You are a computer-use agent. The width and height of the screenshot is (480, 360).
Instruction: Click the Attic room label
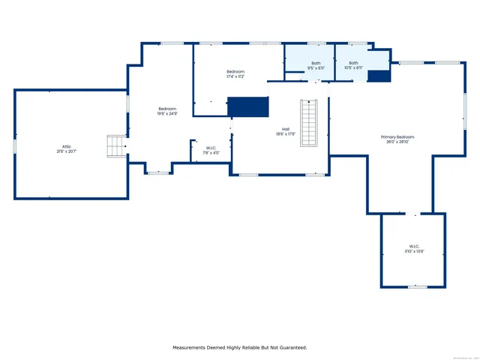click(x=67, y=146)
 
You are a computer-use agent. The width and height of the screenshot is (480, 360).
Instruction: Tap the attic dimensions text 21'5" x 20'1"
click(x=67, y=151)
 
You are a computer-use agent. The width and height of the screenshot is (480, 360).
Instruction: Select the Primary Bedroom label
click(x=397, y=137)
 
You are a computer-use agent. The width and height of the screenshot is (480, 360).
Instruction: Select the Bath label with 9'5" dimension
click(x=316, y=63)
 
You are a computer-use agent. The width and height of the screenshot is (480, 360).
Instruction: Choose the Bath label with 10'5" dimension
click(x=352, y=63)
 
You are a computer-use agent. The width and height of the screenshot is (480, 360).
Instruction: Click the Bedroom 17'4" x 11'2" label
click(x=235, y=71)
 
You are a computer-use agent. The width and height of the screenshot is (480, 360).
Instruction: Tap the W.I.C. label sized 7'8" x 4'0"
click(x=211, y=148)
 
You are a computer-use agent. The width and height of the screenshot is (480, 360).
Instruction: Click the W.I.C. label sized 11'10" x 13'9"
click(x=414, y=247)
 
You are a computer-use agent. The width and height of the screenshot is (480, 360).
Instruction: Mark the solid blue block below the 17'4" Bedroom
click(x=247, y=106)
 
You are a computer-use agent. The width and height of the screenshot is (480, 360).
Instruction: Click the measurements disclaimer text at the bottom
click(x=240, y=347)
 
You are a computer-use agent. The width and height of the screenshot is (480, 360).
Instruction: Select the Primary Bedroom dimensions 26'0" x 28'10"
click(x=397, y=142)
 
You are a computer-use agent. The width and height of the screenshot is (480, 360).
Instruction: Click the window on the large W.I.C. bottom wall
click(x=417, y=286)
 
